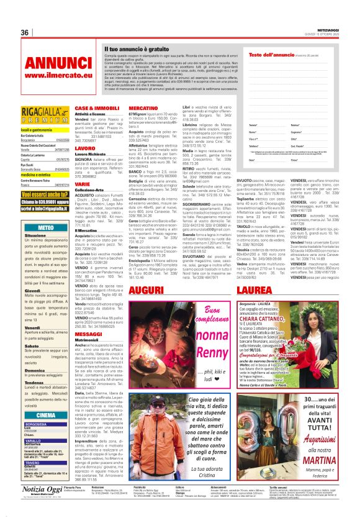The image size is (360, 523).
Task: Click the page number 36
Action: [25, 32]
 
